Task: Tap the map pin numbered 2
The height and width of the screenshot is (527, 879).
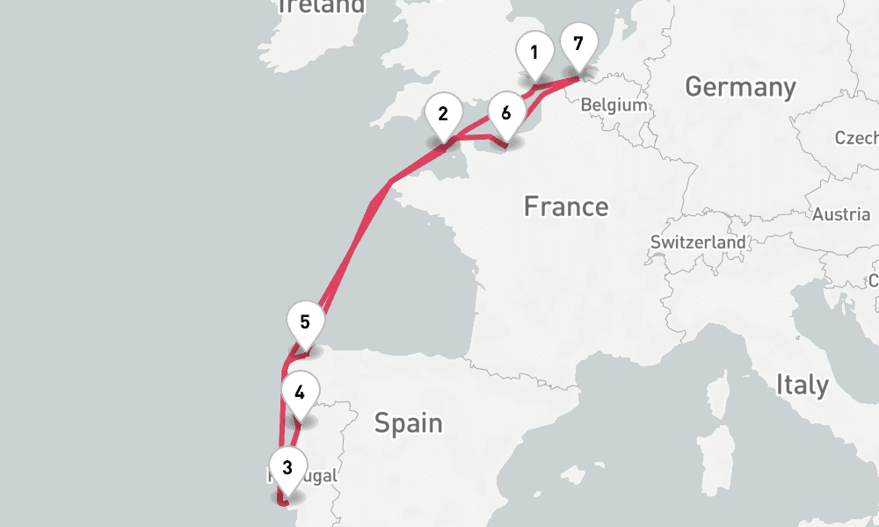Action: tap(443, 115)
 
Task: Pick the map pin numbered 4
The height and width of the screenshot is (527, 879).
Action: tap(300, 393)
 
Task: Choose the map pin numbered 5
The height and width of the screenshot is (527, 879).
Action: tap(305, 322)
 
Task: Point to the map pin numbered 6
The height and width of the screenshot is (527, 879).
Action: tap(505, 115)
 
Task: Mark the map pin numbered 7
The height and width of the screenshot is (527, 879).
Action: tap(578, 44)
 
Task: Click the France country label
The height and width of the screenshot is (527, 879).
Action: tap(565, 206)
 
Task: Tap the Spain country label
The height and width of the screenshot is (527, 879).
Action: tap(408, 423)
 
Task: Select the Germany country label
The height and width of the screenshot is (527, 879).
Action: tap(739, 87)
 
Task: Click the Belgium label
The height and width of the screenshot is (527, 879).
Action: tap(614, 105)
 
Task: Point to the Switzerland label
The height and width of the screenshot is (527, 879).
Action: tap(698, 242)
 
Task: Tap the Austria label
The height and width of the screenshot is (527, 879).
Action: tap(841, 214)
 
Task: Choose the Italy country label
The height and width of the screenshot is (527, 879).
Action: tap(801, 385)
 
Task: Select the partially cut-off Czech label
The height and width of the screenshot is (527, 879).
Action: tap(858, 138)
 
